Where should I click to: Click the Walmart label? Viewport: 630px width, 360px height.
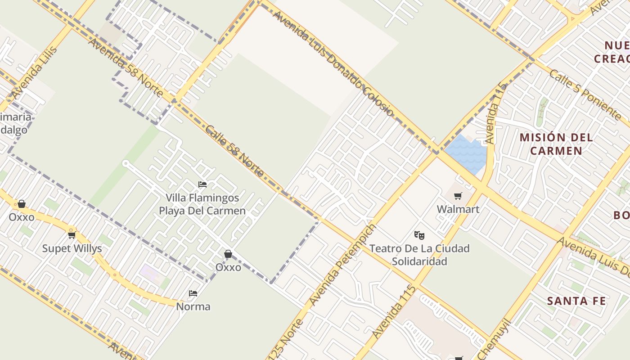pos(458,209)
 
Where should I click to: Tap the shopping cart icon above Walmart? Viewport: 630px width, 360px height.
pos(458,196)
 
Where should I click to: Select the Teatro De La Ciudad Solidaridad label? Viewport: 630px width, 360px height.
pos(419,255)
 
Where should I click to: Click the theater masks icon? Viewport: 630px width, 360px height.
pos(419,235)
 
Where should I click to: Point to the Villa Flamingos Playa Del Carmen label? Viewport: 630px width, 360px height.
pos(202,204)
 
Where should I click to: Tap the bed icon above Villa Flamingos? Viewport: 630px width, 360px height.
pos(202,184)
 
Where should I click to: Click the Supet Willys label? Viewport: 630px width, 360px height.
pos(72,248)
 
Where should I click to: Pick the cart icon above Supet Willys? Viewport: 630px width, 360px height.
pos(72,235)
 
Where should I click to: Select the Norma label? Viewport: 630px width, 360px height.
pos(193,306)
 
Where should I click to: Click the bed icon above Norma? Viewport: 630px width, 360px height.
pos(193,293)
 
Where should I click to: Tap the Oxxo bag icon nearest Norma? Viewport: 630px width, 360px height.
pos(228,254)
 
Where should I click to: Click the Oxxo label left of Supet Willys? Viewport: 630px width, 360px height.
pos(22,217)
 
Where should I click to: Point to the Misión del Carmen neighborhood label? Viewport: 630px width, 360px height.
pos(556,144)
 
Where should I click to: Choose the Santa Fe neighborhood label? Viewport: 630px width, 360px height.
pos(576,301)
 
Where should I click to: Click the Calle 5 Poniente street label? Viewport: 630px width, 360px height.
pos(585,95)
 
